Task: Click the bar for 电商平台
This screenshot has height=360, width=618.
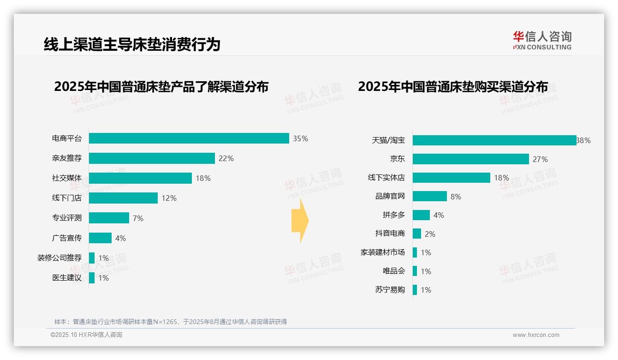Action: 189,138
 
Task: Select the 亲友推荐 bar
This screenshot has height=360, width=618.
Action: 152,158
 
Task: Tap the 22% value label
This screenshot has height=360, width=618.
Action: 226,158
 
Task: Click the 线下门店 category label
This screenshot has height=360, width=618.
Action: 67,198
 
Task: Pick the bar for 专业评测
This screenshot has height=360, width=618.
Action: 109,218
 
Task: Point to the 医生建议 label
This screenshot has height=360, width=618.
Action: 67,277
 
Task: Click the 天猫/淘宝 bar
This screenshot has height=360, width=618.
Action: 494,140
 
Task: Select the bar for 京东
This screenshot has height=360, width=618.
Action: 470,159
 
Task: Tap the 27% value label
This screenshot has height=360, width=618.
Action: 540,159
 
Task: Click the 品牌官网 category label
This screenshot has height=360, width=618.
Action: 390,196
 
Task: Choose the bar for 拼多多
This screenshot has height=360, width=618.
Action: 421,215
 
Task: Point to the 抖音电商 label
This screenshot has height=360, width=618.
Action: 390,234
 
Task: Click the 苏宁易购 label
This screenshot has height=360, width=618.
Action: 390,290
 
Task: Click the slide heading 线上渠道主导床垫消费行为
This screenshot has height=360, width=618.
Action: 132,44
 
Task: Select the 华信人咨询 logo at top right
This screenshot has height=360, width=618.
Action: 542,41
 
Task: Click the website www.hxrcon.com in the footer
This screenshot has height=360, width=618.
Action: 536,335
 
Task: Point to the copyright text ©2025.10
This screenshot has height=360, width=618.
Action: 86,335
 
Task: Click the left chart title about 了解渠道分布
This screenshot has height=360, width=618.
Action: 161,87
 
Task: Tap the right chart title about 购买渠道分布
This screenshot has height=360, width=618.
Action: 453,87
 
